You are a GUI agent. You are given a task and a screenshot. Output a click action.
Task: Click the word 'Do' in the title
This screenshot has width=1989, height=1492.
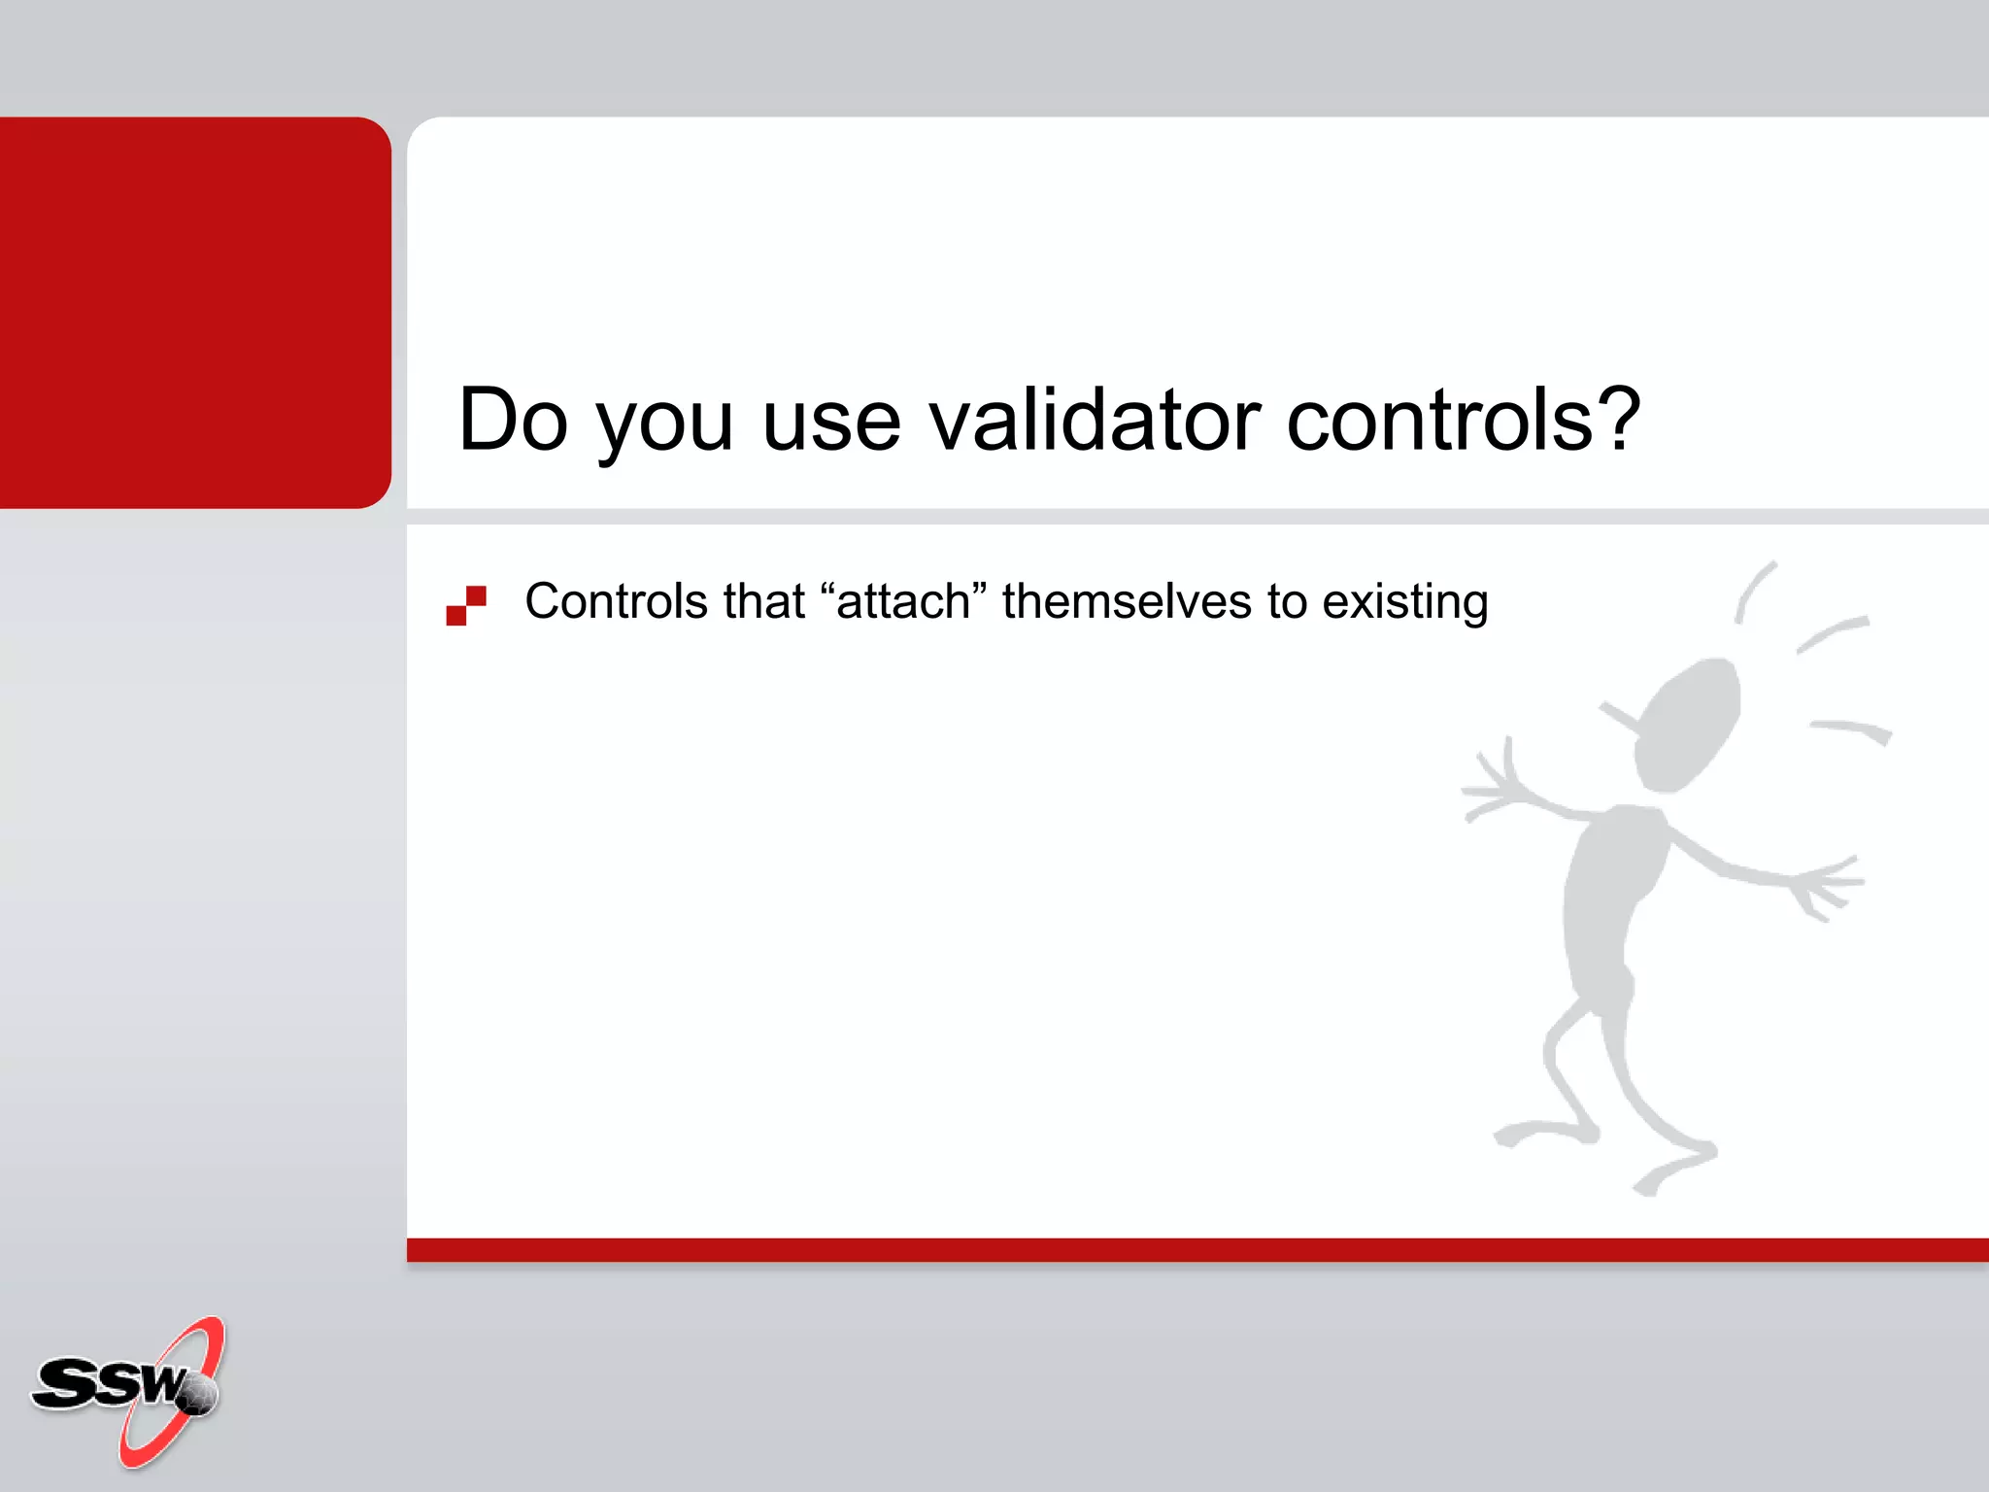click(x=513, y=420)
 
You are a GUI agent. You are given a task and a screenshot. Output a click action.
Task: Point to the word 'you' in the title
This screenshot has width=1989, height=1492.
click(x=664, y=427)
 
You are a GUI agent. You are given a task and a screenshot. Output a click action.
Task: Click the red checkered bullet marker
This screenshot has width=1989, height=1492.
click(x=466, y=605)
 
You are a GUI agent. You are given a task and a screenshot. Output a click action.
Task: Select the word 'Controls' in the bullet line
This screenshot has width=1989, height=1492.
click(x=616, y=601)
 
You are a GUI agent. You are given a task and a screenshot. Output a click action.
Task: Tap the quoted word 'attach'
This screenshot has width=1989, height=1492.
click(x=903, y=601)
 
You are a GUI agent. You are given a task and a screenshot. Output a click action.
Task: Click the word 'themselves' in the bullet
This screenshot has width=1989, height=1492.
click(x=1128, y=601)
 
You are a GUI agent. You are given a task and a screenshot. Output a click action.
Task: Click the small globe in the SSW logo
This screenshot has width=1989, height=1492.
click(x=198, y=1396)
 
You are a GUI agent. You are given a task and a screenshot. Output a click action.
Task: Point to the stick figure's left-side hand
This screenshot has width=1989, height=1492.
click(x=1491, y=787)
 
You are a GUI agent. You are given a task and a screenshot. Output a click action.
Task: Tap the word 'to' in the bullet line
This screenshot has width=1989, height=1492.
click(x=1287, y=601)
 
